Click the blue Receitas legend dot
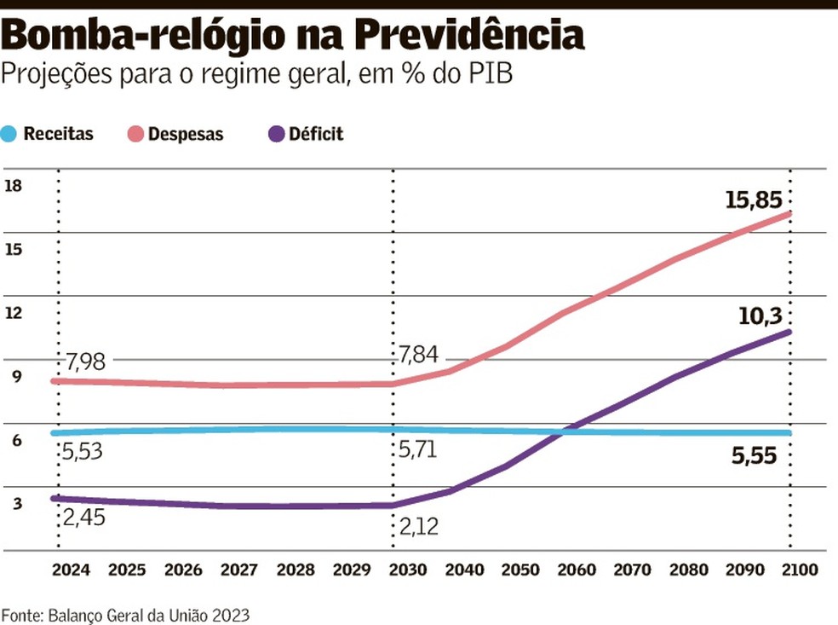click(9, 134)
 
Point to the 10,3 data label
click(760, 316)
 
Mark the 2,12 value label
click(418, 528)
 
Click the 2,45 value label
click(83, 517)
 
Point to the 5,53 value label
click(83, 451)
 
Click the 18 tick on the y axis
click(13, 186)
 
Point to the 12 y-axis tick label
click(13, 313)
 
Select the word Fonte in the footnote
click(21, 614)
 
